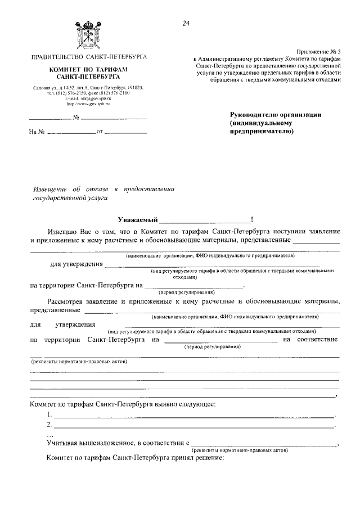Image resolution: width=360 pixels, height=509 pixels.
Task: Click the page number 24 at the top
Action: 186,23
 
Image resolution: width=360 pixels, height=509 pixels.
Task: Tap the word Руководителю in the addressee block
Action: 254,114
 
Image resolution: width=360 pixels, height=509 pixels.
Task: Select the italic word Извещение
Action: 49,189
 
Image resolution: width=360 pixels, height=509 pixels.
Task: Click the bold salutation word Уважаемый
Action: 137,219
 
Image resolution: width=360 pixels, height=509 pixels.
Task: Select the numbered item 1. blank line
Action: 193,416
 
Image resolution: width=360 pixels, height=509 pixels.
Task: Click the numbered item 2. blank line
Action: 193,426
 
